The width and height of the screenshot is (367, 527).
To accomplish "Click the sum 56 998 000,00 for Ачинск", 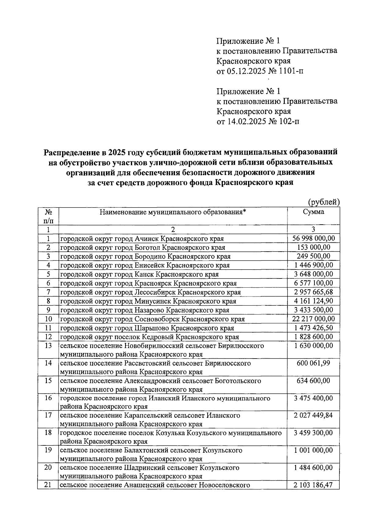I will click(313, 238).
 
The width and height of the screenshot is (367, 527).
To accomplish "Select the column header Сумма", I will click(313, 212).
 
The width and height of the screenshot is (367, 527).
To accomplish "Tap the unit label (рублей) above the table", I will click(324, 202).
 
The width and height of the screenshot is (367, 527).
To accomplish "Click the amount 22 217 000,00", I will click(313, 319).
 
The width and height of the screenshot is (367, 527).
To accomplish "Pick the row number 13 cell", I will click(48, 346).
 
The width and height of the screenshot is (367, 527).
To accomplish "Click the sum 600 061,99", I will click(313, 363).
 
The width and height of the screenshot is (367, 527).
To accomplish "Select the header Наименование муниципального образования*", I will click(173, 212).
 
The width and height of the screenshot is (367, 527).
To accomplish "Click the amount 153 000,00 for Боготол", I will click(313, 247).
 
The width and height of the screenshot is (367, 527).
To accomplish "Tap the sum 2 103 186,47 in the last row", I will click(313, 485).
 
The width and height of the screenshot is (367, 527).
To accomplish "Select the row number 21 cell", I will click(48, 485).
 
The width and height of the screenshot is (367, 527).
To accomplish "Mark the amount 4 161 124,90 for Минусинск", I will click(313, 301).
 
